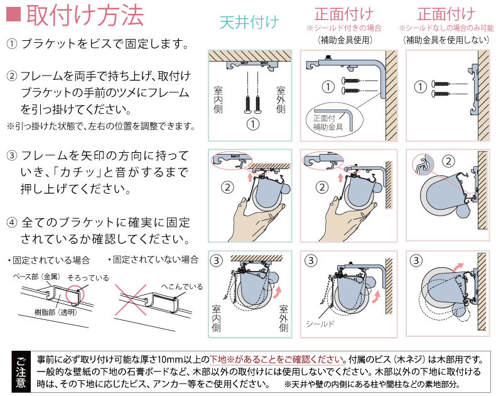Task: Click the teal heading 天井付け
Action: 249,23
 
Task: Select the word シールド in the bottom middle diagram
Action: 320,324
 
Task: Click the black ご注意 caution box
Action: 21,372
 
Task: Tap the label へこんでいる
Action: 182,287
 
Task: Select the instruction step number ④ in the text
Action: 12,223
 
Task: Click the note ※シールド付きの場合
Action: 343,29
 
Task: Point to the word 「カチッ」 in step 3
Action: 76,171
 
